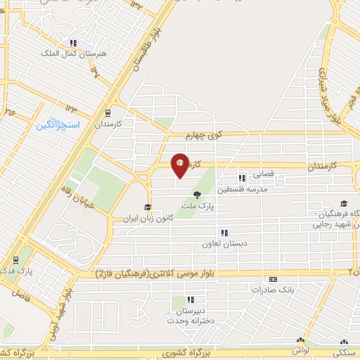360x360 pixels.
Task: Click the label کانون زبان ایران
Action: coord(148,219)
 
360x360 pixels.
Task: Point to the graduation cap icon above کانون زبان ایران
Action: coord(148,207)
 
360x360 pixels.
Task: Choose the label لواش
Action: coord(303,349)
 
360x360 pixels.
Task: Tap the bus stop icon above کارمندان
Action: coord(107,112)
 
